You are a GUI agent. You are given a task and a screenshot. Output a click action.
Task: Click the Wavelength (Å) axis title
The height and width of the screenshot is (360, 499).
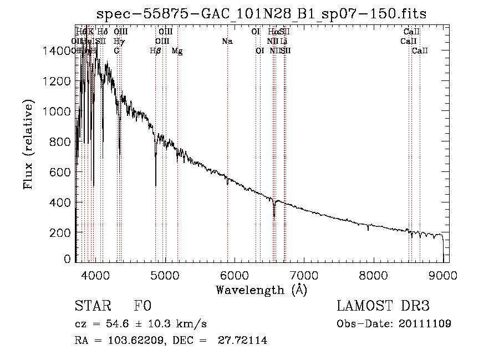tap(261, 290)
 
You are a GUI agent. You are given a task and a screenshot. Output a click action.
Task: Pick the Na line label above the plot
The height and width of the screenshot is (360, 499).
tap(227, 41)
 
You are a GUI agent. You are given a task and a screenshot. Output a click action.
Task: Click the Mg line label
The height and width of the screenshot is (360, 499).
tap(177, 51)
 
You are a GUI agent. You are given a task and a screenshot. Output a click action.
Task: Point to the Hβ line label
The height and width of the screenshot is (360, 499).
tap(156, 51)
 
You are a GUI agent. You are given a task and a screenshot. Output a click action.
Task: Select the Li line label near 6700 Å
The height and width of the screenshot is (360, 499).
tap(283, 41)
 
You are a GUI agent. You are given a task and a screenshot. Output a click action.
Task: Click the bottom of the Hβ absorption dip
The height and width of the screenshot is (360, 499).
tap(156, 185)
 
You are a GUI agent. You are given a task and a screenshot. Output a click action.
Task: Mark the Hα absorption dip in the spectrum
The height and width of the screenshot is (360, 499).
tap(274, 217)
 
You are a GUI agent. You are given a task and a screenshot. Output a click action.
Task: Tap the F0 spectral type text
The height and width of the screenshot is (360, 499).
tap(142, 306)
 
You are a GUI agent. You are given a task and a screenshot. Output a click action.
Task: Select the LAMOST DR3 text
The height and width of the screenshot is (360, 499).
tap(383, 306)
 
